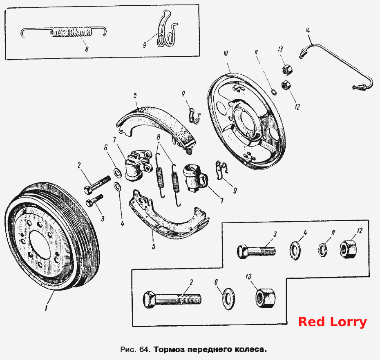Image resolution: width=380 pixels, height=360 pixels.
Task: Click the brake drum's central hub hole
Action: click(41, 245)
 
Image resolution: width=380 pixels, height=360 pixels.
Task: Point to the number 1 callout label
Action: click(46, 308)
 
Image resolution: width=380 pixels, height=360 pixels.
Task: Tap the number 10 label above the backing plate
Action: click(226, 53)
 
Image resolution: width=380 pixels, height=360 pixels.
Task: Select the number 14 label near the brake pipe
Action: click(308, 31)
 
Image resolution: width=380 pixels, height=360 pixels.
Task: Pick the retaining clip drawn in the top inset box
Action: click(166, 29)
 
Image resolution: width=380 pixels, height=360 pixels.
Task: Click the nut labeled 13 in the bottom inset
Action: click(266, 298)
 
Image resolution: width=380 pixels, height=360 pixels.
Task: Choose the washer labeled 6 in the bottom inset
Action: click(228, 299)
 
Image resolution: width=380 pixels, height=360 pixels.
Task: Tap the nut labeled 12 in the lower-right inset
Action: click(349, 249)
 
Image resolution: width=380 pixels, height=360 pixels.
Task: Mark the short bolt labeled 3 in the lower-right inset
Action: click(256, 251)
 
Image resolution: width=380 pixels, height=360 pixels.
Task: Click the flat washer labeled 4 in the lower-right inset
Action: click(295, 250)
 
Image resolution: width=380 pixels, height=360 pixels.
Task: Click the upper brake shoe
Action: click(155, 124)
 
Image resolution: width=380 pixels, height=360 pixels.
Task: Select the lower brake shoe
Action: click(167, 218)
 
